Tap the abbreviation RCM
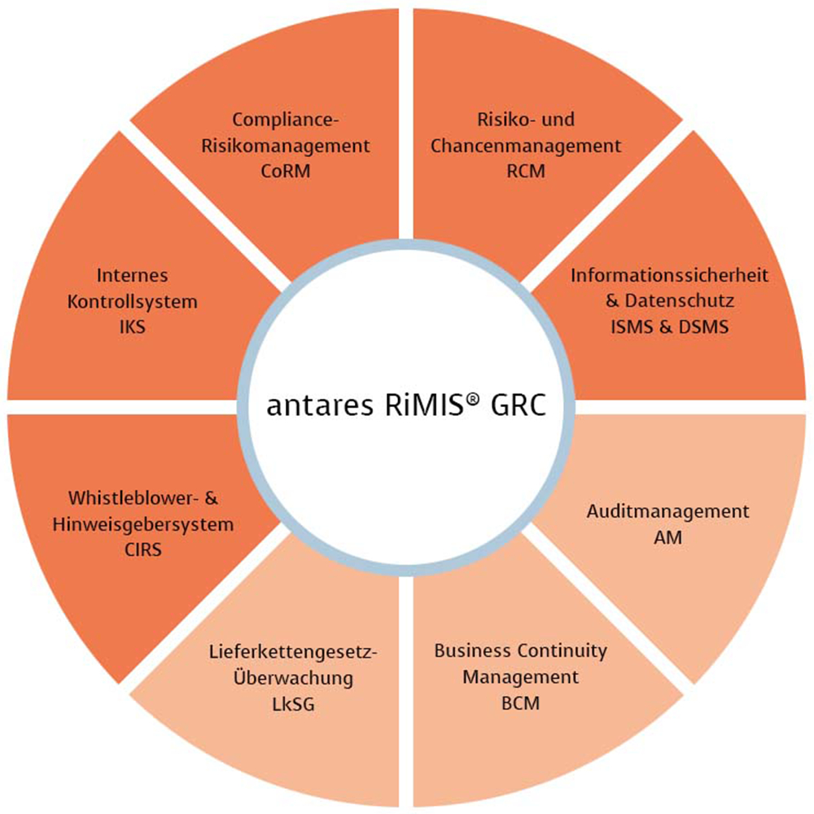click(525, 173)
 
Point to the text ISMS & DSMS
click(670, 326)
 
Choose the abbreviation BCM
click(520, 702)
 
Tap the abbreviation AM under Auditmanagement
click(667, 538)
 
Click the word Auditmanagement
click(667, 512)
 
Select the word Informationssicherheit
click(670, 274)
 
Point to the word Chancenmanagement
click(525, 147)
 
